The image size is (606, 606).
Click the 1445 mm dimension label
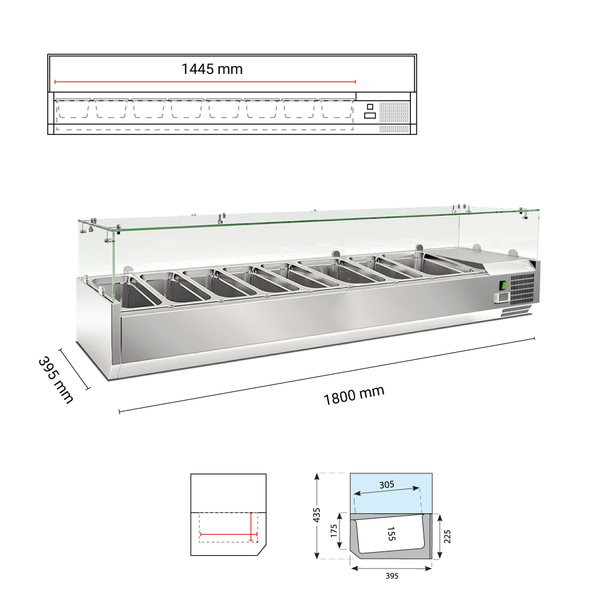(x=212, y=69)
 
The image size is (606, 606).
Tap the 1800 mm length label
(x=354, y=395)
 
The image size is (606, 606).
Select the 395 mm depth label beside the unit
(x=56, y=380)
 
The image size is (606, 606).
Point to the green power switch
(x=504, y=285)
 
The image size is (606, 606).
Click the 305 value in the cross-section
(x=387, y=485)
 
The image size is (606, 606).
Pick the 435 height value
(x=316, y=515)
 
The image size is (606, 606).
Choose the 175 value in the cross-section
(x=334, y=531)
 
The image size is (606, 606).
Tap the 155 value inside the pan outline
(x=391, y=534)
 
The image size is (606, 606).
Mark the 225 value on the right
(x=447, y=536)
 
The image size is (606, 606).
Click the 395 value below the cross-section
(x=392, y=576)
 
